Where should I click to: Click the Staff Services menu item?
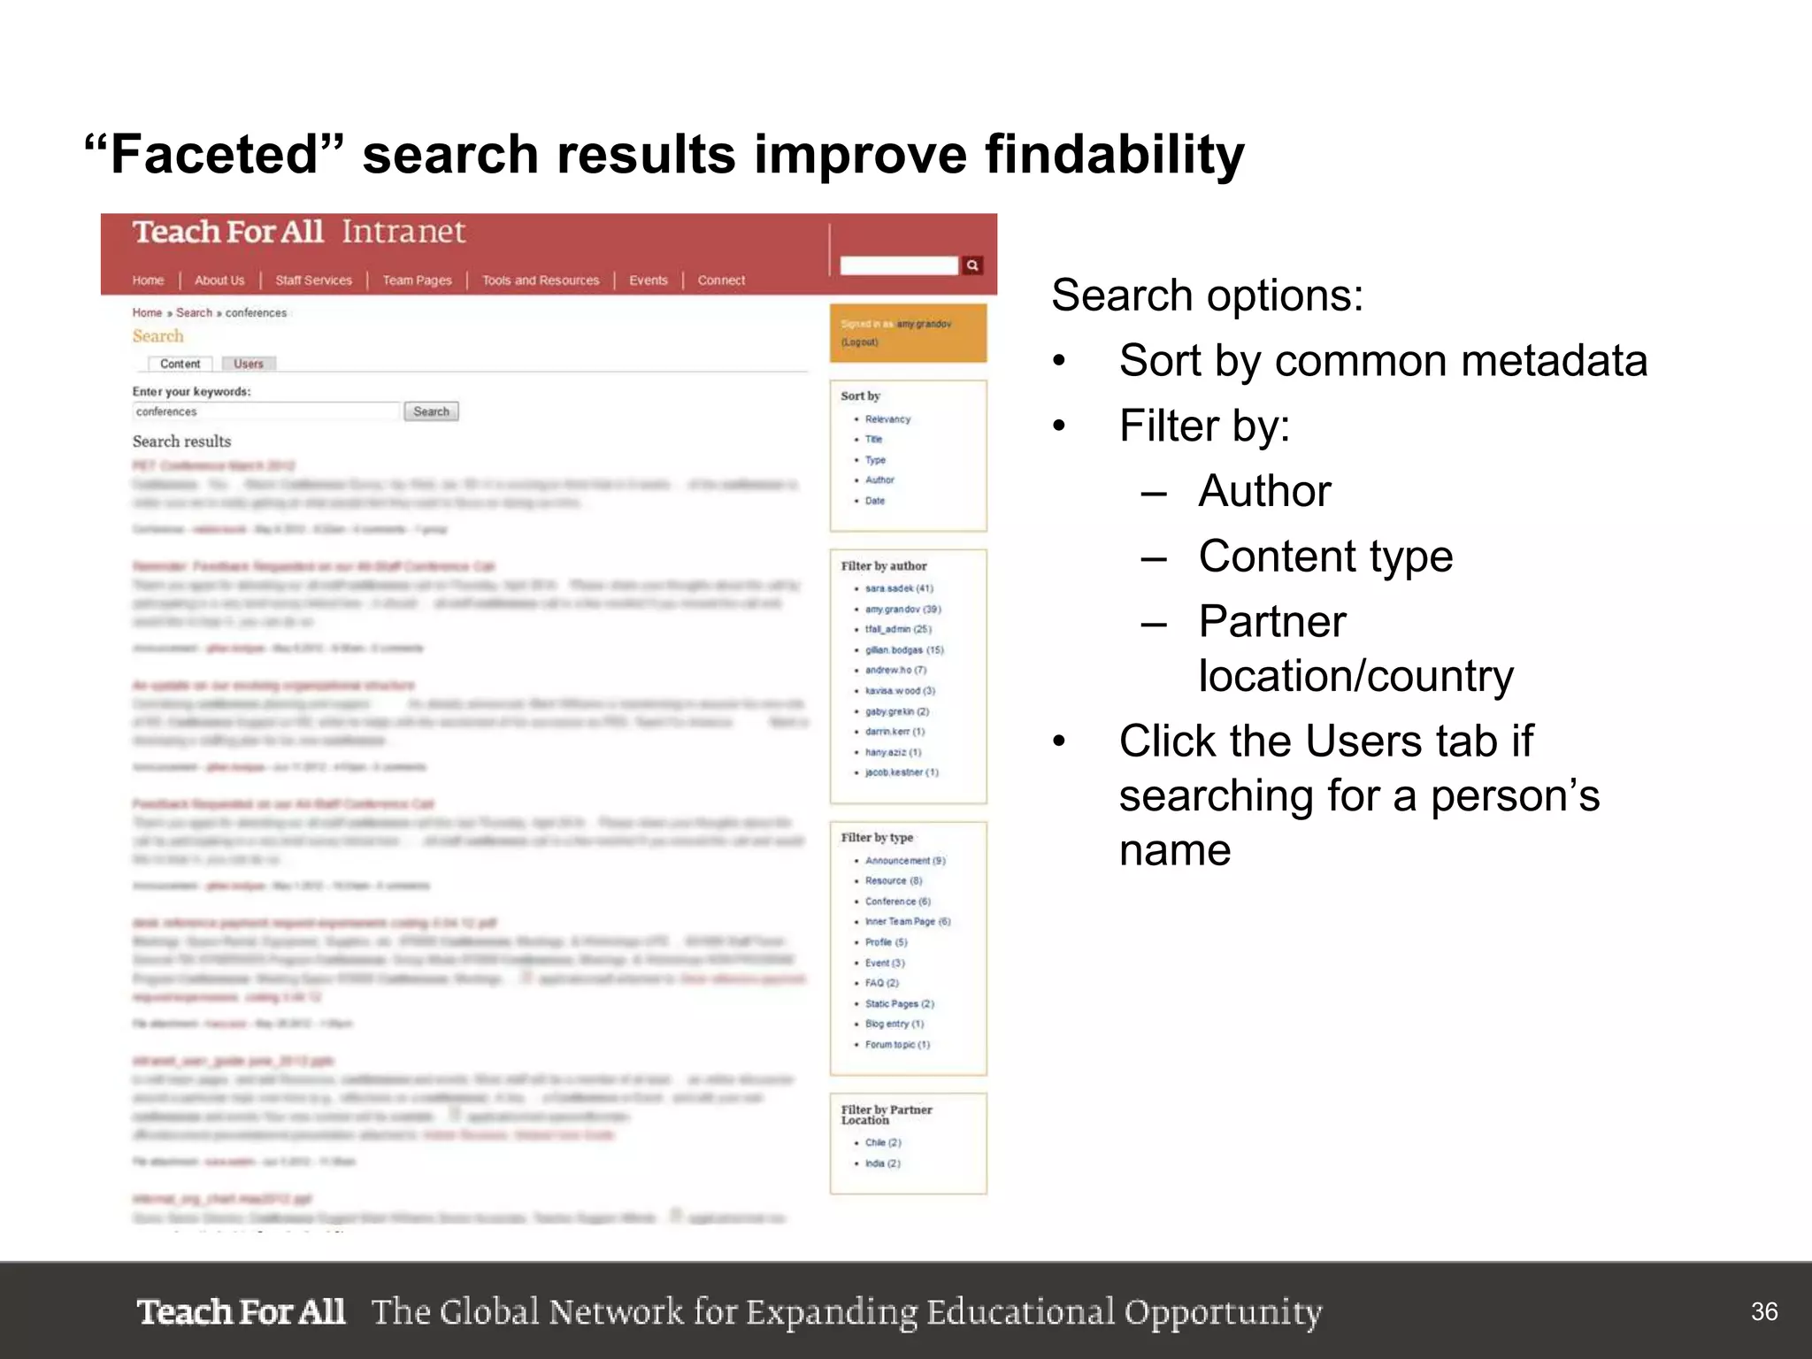(x=313, y=280)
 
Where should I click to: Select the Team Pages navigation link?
(x=417, y=280)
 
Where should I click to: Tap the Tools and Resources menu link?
(x=541, y=280)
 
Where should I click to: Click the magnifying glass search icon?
(x=972, y=265)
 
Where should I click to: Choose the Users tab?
(x=249, y=364)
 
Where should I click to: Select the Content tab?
(x=180, y=364)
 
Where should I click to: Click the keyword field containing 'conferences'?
(x=265, y=411)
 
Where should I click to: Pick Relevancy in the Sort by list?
(x=887, y=419)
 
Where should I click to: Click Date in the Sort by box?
(x=875, y=501)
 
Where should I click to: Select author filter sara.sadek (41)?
(x=899, y=588)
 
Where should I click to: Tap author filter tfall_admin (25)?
(x=898, y=629)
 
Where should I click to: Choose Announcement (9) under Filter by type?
(x=905, y=860)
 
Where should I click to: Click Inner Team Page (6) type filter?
(x=908, y=921)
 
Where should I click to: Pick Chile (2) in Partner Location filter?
(x=883, y=1142)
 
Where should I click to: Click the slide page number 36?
(x=1763, y=1311)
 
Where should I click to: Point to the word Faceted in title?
(x=212, y=155)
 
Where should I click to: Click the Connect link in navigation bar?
(x=721, y=280)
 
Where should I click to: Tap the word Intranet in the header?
(x=403, y=232)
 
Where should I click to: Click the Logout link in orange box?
(x=859, y=342)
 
